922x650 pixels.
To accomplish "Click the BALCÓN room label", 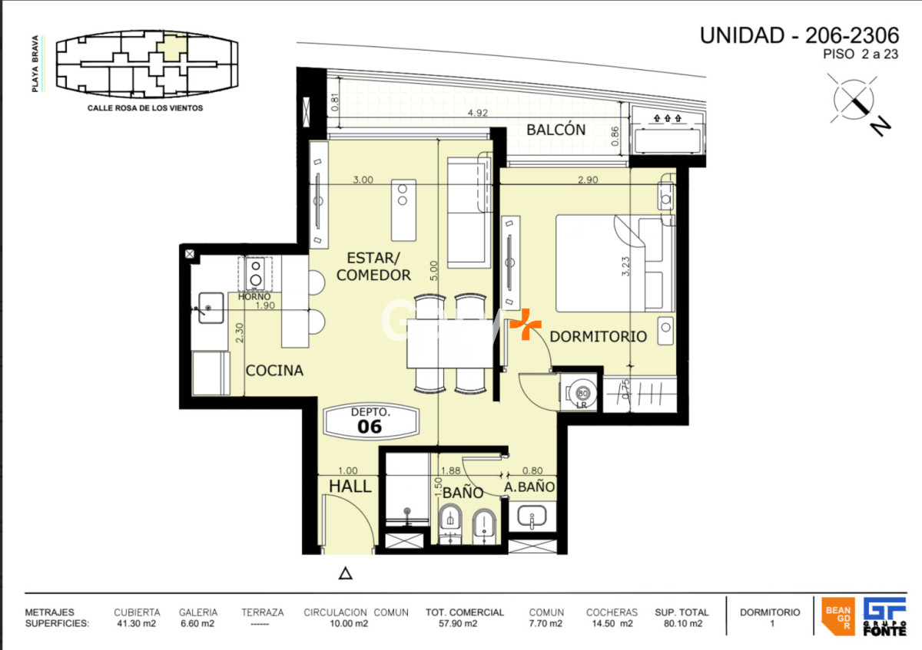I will (x=556, y=130).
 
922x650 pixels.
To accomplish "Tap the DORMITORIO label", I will (x=598, y=336).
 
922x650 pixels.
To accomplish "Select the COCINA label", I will (x=274, y=371).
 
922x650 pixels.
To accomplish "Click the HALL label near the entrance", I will (x=350, y=486).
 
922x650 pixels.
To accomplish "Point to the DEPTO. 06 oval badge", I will (x=370, y=421).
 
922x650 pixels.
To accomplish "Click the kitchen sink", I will (x=209, y=309).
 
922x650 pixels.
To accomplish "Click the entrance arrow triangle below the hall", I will (x=346, y=572).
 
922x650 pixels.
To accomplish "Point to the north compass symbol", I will (x=855, y=101).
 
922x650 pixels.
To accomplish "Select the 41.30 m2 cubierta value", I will (x=137, y=624).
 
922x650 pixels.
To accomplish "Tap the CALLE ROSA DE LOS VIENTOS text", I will (x=145, y=108).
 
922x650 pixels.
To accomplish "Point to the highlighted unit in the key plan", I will (x=171, y=47).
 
